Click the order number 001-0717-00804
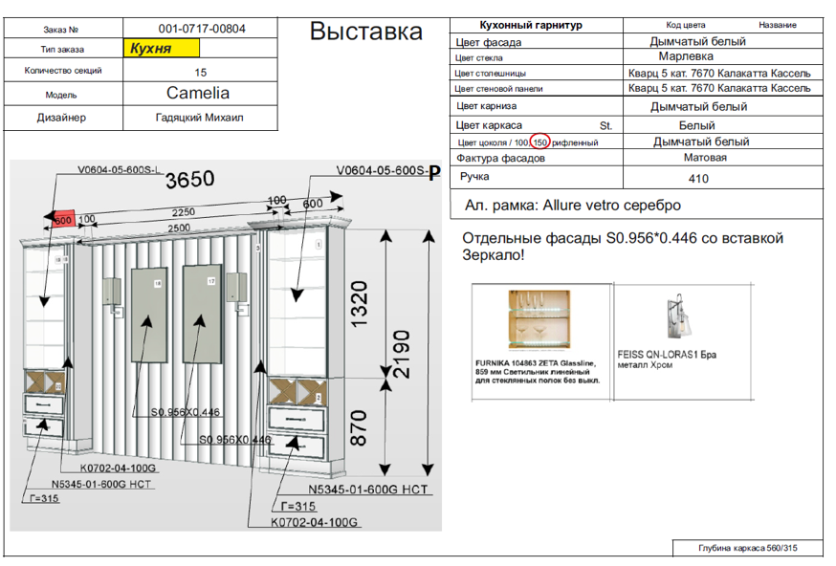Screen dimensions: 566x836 [x=201, y=29]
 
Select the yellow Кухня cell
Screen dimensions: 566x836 [x=161, y=48]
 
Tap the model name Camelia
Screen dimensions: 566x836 [x=198, y=94]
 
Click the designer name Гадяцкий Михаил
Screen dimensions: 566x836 [x=200, y=118]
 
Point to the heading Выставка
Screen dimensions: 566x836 [x=366, y=32]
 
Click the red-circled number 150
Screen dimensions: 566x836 [x=540, y=141]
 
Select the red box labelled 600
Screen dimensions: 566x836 [x=64, y=219]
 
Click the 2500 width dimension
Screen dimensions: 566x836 [x=172, y=229]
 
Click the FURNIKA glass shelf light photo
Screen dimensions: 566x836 [x=539, y=321]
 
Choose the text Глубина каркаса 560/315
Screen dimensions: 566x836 [x=746, y=548]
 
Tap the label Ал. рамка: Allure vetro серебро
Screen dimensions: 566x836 [x=572, y=205]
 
